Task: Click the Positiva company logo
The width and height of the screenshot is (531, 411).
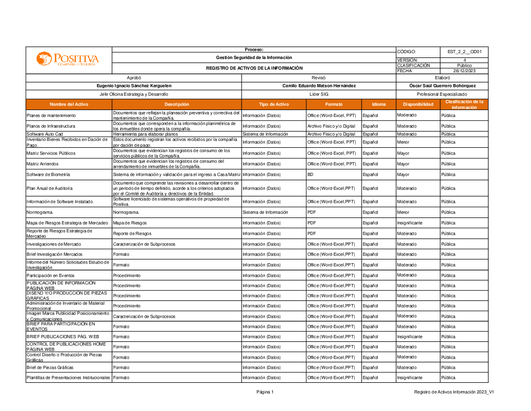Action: coord(68,59)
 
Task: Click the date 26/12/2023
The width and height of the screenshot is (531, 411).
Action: coord(464,71)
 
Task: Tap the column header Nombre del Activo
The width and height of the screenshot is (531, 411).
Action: coord(69,104)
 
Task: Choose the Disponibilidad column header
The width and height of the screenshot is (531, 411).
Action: coord(418,104)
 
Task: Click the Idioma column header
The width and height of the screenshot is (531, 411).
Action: coord(379,104)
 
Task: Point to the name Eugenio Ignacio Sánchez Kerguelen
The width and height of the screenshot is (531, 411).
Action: coord(134,86)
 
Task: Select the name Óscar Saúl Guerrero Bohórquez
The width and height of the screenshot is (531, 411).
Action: coord(442,86)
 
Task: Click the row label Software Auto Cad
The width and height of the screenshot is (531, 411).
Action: coord(45,135)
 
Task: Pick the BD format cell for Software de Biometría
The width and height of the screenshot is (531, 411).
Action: coord(311,174)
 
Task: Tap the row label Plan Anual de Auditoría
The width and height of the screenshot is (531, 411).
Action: coord(49,188)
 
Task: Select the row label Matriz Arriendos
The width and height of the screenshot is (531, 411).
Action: coord(42,164)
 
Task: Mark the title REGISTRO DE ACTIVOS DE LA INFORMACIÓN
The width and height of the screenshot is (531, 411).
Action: coord(254,68)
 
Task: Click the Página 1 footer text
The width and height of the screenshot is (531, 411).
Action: coord(265,392)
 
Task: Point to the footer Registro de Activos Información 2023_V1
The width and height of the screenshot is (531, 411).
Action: coord(454,392)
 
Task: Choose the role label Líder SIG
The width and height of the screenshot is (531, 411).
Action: coord(319,94)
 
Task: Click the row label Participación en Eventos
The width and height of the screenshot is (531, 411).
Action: coord(50,275)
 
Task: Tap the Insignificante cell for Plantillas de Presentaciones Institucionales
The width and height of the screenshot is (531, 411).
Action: coord(409,378)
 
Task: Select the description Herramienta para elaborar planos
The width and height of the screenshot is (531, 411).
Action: coord(145,135)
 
